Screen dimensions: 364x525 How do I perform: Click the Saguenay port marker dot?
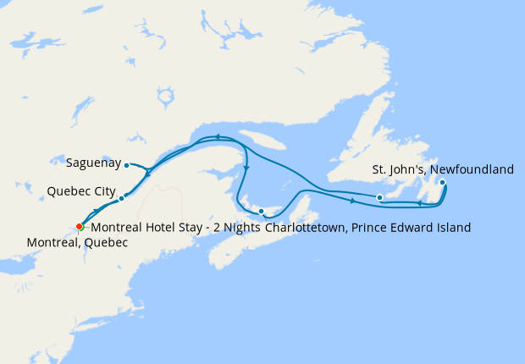tap(127, 164)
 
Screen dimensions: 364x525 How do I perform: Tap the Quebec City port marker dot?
tap(121, 199)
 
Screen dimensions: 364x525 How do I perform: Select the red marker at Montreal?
tap(79, 227)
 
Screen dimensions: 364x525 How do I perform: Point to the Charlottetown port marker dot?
tap(262, 211)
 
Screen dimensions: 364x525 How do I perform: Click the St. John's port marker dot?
tap(442, 182)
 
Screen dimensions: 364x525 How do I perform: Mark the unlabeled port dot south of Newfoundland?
tap(379, 198)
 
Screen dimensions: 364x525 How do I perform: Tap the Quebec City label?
tap(81, 190)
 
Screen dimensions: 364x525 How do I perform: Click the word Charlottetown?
tap(307, 228)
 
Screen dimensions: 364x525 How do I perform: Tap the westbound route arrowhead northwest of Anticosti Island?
tap(217, 136)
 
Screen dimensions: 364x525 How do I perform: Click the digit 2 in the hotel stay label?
tap(218, 228)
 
